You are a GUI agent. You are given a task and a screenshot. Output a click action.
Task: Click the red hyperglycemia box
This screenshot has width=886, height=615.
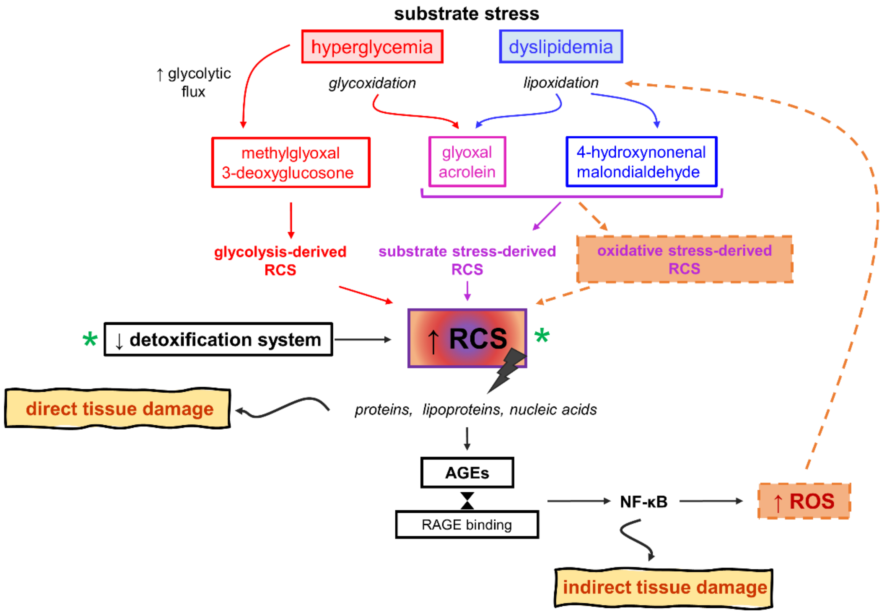click(372, 47)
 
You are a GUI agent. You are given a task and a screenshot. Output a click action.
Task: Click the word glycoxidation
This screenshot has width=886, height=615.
click(372, 83)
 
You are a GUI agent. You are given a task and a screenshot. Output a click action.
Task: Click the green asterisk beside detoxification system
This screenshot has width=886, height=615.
click(90, 340)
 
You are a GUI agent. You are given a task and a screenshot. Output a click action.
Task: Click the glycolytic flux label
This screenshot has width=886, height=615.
click(194, 82)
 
